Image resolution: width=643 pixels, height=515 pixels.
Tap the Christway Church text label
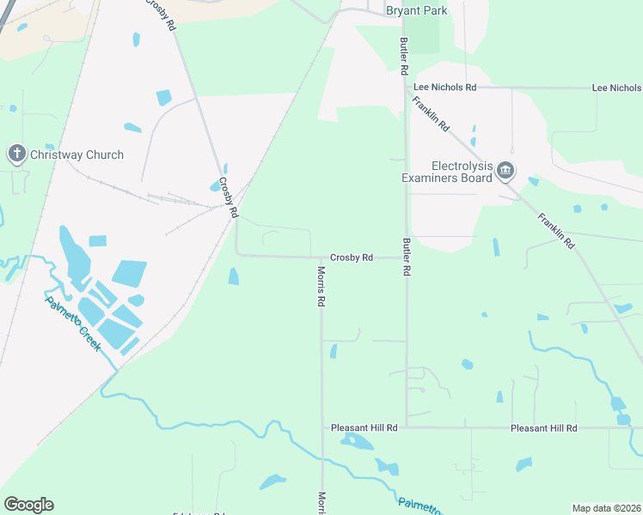(x=77, y=155)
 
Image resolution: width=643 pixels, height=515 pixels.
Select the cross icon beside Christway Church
(x=16, y=154)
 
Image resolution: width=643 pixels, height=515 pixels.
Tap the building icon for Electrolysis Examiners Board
(x=505, y=173)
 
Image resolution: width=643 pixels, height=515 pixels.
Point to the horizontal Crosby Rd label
(x=351, y=257)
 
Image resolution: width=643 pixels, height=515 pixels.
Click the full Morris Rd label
(x=321, y=287)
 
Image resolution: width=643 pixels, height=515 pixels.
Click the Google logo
(x=28, y=505)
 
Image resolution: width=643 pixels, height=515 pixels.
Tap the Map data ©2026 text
(x=606, y=508)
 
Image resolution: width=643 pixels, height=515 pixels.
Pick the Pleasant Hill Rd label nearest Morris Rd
(x=364, y=427)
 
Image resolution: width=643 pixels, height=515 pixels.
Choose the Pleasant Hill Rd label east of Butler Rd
(x=543, y=427)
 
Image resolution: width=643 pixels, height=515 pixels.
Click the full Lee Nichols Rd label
(x=444, y=88)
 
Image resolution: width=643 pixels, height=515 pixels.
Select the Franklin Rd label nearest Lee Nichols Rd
(x=432, y=113)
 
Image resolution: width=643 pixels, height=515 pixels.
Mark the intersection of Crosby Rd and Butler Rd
(x=406, y=257)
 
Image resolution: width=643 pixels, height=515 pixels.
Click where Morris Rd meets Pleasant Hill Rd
(x=322, y=427)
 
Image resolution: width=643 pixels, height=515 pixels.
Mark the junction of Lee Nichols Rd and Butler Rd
(x=405, y=87)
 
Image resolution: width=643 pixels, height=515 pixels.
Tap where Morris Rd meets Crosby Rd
(x=321, y=256)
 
